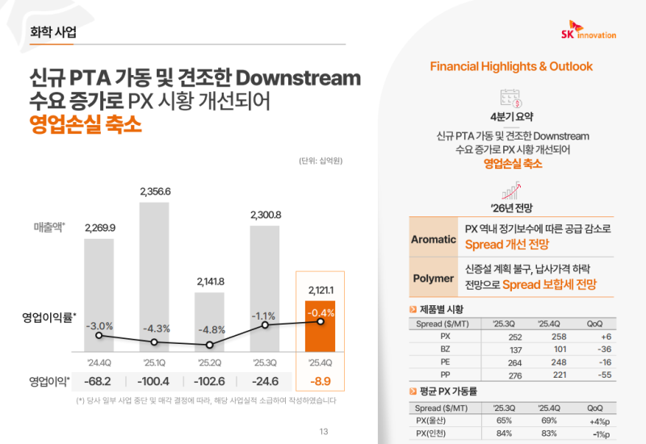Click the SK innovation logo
(x=587, y=30)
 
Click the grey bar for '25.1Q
(x=155, y=274)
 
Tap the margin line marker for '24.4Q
(x=99, y=335)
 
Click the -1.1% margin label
(x=265, y=316)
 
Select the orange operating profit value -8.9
(x=321, y=379)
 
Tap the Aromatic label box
(x=434, y=240)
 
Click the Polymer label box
(x=434, y=279)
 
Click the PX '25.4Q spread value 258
(x=547, y=336)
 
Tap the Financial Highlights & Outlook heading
(x=510, y=66)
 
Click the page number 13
(x=323, y=431)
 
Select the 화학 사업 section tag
(x=52, y=32)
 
